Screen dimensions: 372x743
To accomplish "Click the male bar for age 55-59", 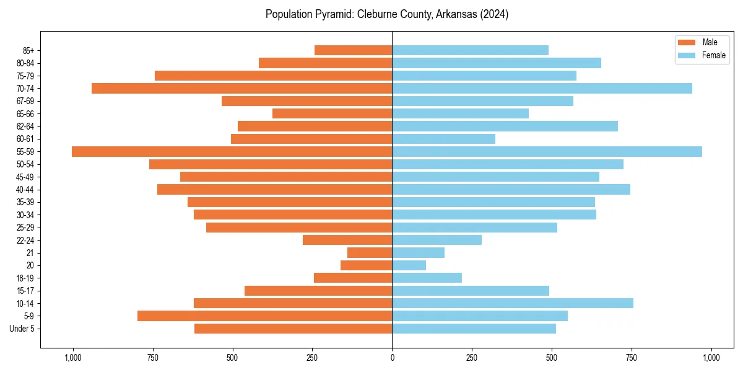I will point(232,151).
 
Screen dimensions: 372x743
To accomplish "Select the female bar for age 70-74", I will point(542,88).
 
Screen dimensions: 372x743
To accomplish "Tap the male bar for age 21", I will point(370,252).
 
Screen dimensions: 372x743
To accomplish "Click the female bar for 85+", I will point(470,50).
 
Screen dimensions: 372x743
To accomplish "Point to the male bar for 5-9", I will point(264,316).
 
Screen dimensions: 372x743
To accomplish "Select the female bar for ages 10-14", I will point(512,303).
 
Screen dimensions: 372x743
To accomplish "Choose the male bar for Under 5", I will point(293,329).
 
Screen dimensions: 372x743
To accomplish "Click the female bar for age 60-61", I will point(443,139).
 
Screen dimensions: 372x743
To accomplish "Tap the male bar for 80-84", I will point(325,63).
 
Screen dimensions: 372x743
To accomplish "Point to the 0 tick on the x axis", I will point(392,357).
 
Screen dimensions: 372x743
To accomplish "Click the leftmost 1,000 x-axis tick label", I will point(73,357).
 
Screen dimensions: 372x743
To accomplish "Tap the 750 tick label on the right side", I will point(632,357).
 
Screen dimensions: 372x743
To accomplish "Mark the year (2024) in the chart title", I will point(493,14).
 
